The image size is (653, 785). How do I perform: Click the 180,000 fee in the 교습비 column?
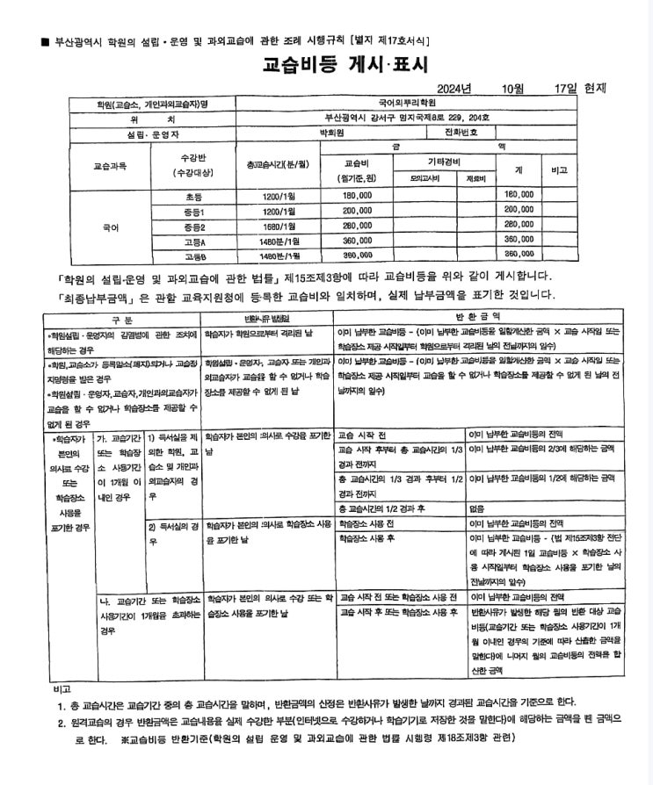(x=358, y=194)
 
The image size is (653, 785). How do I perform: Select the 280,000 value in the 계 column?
(x=519, y=225)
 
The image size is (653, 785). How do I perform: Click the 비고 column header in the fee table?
(x=560, y=169)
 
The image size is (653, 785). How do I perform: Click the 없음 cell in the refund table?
(x=477, y=509)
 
